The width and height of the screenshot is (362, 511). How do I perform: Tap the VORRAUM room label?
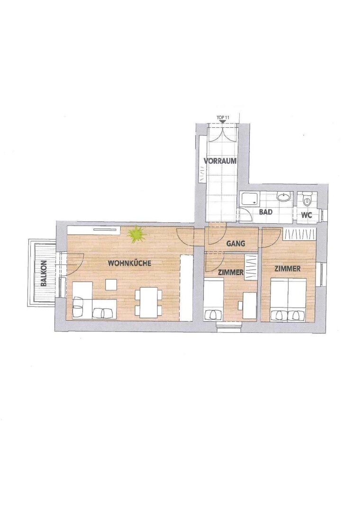pos(220,161)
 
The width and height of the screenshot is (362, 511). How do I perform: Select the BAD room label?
pos(266,212)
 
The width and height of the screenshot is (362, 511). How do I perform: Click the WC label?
pos(307,215)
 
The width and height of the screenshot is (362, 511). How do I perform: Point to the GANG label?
pos(235,243)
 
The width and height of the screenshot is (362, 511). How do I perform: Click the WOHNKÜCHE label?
pos(129,263)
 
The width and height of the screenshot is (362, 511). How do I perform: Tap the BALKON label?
pos(44,273)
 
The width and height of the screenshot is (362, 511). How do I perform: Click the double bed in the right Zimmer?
pos(288,300)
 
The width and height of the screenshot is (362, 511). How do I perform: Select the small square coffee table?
pos(110,285)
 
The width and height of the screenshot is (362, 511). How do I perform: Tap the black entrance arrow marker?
pos(222,122)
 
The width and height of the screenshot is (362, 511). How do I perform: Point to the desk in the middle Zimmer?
pos(250,305)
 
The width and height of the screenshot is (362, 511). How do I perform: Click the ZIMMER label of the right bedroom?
pos(287,269)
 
